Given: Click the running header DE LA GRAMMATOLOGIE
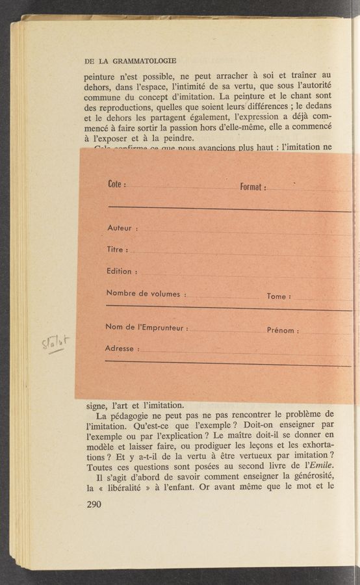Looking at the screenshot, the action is (x=130, y=61).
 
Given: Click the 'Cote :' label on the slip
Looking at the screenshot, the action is (x=116, y=185).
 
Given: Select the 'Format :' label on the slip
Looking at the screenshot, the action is (x=252, y=187).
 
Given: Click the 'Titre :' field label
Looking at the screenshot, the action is (x=117, y=250).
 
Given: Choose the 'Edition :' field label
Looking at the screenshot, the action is (x=122, y=271).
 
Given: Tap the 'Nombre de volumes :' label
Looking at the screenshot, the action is (x=146, y=294).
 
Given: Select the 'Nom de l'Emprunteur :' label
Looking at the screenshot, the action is (x=146, y=328).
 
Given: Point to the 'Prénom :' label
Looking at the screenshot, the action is (x=283, y=330).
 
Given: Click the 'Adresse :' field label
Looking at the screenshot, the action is (x=122, y=348).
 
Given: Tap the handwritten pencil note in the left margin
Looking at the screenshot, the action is (x=57, y=343).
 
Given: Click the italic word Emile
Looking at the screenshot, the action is (x=323, y=465).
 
